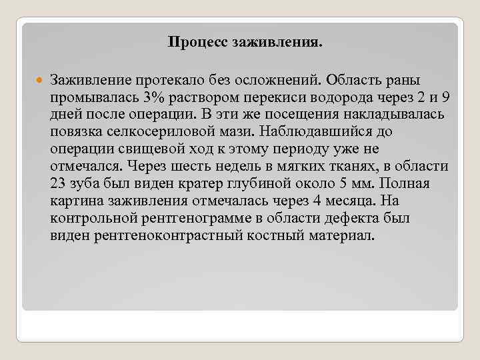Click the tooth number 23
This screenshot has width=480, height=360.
(57, 184)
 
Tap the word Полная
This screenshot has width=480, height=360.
(407, 184)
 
